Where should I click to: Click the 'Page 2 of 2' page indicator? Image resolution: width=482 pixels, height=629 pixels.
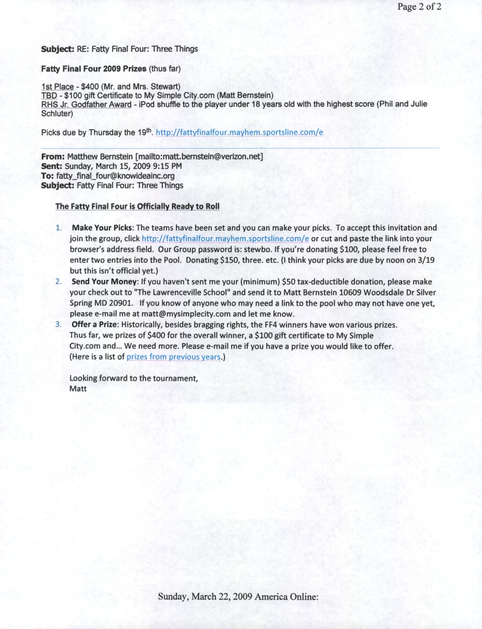click(419, 7)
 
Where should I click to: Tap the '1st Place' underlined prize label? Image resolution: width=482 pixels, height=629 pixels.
click(57, 87)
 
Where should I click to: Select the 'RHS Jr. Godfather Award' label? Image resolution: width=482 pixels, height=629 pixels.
click(86, 104)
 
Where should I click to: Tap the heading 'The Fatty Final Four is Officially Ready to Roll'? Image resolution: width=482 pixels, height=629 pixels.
click(137, 206)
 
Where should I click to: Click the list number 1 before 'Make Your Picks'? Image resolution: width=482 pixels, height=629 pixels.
click(58, 228)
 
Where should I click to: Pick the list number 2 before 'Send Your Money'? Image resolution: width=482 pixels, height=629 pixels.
click(58, 282)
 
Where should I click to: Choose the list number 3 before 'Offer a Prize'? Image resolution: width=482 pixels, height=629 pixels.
click(58, 325)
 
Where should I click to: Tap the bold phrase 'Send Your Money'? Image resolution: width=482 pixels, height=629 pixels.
click(102, 282)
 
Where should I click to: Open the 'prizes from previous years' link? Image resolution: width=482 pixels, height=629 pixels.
click(174, 357)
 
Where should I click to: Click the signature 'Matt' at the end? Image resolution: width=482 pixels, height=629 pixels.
click(78, 388)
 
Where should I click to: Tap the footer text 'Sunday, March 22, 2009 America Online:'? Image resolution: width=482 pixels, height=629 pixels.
click(238, 596)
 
